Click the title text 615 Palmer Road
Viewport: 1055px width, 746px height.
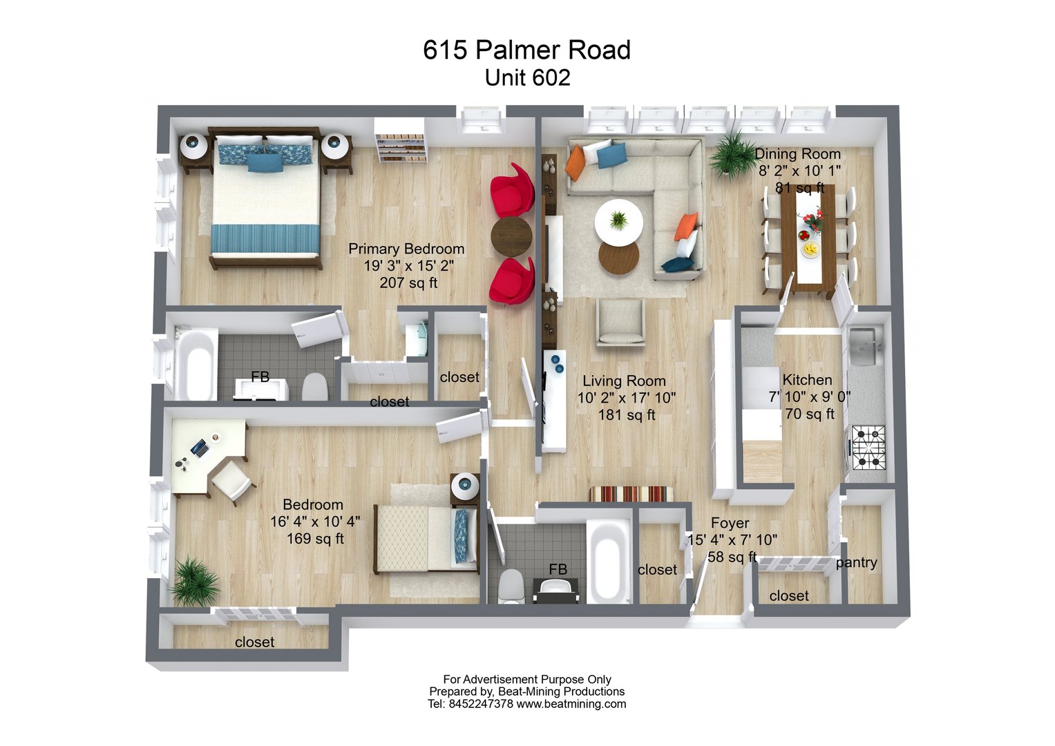(526, 50)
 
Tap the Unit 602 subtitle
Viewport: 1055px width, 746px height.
(527, 77)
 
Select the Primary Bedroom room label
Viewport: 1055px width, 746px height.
(406, 249)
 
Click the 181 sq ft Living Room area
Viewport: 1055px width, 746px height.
(627, 415)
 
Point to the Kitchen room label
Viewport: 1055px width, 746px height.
(807, 380)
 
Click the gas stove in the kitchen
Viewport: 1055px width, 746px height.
(868, 448)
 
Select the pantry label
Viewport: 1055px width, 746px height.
(856, 562)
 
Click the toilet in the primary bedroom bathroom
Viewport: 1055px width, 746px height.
(315, 387)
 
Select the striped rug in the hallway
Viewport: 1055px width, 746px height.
(631, 495)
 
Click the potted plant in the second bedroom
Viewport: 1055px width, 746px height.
(193, 581)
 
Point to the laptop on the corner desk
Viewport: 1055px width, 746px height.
(200, 448)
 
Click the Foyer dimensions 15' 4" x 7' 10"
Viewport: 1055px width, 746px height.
(732, 539)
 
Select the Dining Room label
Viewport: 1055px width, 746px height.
(797, 154)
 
